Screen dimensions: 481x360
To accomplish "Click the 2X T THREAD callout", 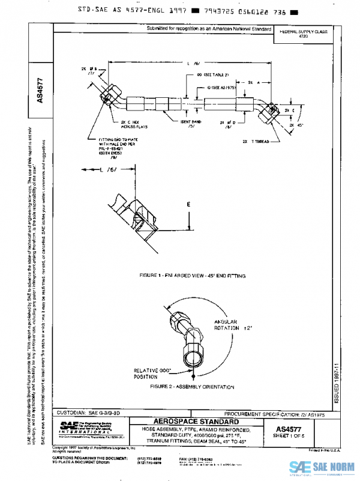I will coord(256,142).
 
